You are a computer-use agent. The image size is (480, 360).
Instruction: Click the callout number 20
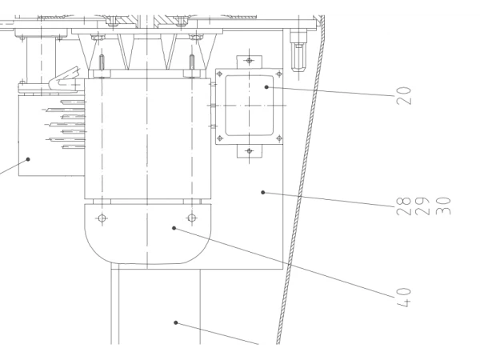click(404, 96)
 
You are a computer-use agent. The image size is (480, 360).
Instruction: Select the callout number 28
click(403, 206)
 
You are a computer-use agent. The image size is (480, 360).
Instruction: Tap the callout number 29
click(422, 206)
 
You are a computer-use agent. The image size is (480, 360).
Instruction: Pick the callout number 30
click(443, 206)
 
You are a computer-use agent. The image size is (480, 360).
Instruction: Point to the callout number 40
click(404, 297)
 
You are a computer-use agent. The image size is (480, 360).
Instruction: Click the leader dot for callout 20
click(266, 87)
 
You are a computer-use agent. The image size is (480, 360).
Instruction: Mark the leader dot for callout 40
click(174, 228)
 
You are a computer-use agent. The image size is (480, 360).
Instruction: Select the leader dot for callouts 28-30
click(262, 193)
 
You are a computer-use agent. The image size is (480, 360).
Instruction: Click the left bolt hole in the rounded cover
click(102, 218)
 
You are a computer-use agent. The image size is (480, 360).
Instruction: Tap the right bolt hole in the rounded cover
click(192, 218)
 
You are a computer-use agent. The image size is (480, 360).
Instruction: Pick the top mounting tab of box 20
click(249, 62)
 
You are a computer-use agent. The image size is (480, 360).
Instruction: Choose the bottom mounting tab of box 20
click(249, 151)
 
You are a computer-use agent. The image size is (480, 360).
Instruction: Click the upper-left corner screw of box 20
click(219, 74)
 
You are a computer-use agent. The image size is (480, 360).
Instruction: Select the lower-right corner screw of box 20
click(279, 138)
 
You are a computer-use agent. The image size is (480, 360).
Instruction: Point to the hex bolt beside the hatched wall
click(298, 56)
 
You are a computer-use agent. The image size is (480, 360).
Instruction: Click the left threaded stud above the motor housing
click(102, 62)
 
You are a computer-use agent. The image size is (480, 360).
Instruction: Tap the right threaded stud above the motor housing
click(192, 62)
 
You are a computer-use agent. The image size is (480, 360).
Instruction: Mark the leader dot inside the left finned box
click(28, 159)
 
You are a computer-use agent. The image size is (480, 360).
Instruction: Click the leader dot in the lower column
click(176, 322)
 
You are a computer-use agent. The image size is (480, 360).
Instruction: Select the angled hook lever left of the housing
click(65, 79)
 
